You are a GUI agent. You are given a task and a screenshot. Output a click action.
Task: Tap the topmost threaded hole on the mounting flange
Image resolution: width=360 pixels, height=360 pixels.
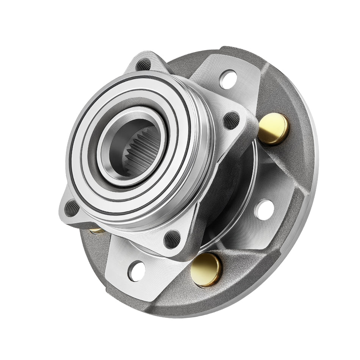click(x=144, y=65)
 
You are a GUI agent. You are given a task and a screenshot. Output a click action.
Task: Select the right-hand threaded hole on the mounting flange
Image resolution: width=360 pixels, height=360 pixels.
click(x=232, y=121)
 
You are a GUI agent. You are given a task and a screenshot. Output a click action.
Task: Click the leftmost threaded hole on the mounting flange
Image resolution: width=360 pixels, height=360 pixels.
click(x=72, y=208)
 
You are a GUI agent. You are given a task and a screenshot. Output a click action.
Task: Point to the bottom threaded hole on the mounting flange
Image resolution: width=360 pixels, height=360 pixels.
click(x=172, y=239)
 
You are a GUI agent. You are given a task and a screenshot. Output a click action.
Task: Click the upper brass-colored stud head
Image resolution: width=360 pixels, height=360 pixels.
click(x=274, y=129)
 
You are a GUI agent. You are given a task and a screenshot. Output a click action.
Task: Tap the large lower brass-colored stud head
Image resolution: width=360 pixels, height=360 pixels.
click(x=206, y=269)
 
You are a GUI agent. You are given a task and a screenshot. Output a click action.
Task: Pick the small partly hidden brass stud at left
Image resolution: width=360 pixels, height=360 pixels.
click(x=97, y=230)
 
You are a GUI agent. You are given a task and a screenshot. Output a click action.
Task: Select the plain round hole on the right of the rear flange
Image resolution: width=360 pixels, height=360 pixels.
click(x=264, y=209)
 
